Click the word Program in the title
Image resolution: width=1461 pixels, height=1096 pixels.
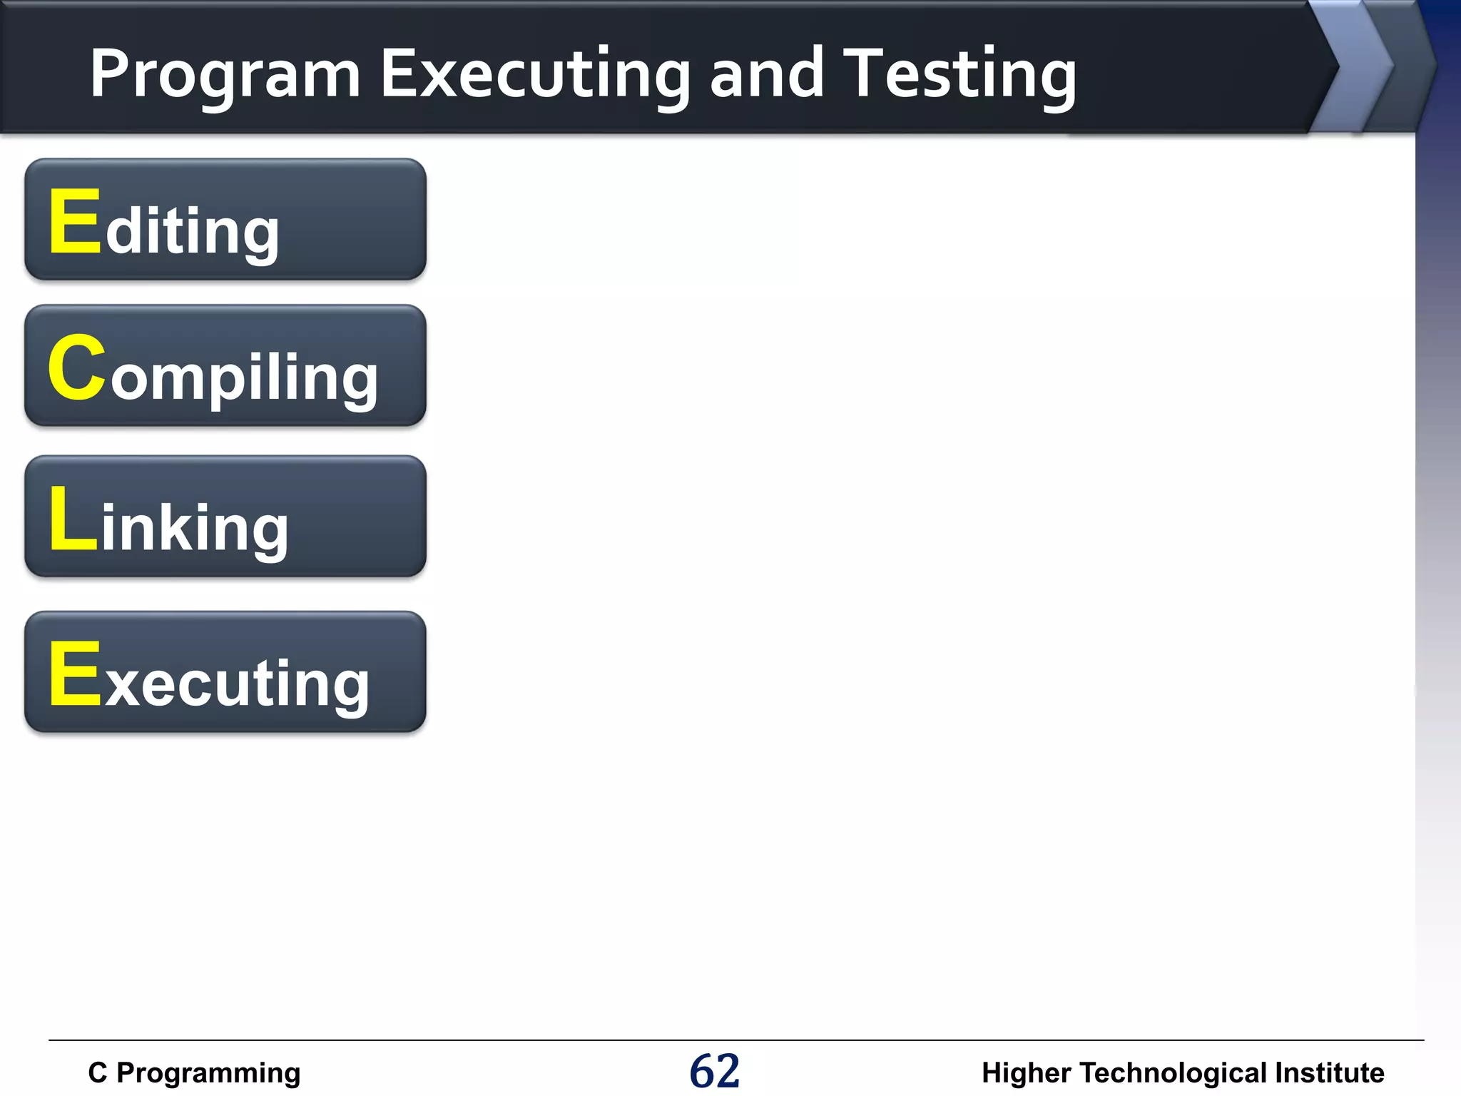[x=225, y=75]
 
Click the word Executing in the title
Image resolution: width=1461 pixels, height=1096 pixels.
[x=535, y=75]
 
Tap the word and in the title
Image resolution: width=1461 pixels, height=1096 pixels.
[x=767, y=73]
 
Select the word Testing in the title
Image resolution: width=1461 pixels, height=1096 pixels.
[x=959, y=75]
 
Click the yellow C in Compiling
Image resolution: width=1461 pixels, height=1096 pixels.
[x=77, y=368]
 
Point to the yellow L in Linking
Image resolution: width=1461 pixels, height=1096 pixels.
[x=72, y=519]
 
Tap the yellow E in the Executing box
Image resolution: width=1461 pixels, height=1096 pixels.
[x=75, y=674]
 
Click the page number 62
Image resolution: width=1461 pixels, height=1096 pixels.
[x=715, y=1071]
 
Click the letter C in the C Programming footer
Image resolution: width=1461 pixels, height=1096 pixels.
[x=97, y=1072]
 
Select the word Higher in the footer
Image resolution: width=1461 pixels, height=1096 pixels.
[x=1026, y=1073]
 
